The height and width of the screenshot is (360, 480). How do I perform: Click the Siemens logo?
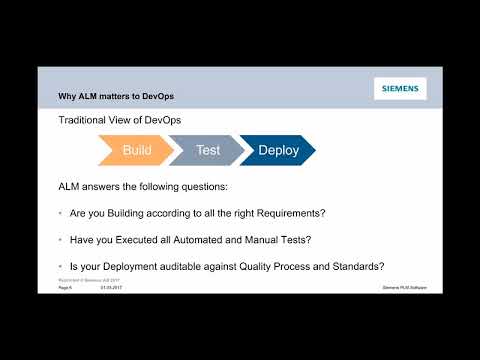click(x=400, y=88)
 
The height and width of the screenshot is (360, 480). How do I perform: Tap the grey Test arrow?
click(x=207, y=150)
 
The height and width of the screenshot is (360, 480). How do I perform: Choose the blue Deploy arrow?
click(x=277, y=150)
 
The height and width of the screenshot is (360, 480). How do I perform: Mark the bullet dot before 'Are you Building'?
click(x=62, y=214)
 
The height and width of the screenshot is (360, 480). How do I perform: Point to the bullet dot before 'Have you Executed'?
click(x=62, y=240)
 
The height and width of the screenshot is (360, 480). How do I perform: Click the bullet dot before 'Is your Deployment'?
click(x=62, y=266)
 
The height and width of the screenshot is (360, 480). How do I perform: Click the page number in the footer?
click(x=65, y=287)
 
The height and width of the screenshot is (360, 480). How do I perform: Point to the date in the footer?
click(x=109, y=287)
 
